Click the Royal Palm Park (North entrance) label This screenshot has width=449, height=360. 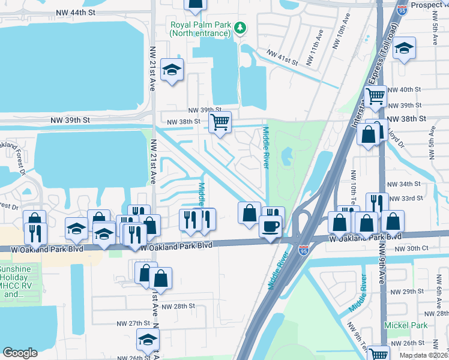199,29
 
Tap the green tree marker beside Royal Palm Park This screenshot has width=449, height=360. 240,28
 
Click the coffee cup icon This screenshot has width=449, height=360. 270,226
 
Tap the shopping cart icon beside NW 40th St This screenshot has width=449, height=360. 375,96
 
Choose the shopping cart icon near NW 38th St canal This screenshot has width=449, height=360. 220,122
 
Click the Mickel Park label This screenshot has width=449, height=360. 406,325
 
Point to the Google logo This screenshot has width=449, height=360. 20,353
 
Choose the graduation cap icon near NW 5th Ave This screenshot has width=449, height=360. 405,49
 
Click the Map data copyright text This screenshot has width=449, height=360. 424,355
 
